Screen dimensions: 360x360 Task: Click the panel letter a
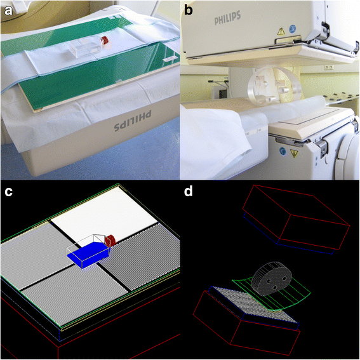tap(8, 11)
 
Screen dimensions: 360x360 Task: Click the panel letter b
tap(189, 10)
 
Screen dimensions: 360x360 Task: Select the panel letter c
tap(8, 192)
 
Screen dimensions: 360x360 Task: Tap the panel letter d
tap(189, 190)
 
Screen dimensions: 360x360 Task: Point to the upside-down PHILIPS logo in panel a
tap(133, 119)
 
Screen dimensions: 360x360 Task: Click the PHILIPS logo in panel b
tap(228, 18)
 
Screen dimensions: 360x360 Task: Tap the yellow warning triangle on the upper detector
tap(281, 31)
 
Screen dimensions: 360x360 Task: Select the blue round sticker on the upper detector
tap(292, 29)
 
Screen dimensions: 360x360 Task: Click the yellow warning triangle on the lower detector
tap(294, 154)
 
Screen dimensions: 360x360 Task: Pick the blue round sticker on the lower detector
tap(283, 151)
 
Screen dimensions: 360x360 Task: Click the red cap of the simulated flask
tap(110, 241)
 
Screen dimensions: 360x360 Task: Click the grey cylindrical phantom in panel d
tap(272, 278)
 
